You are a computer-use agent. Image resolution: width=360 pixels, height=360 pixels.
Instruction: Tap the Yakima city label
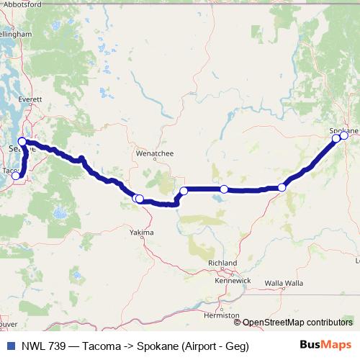(x=142, y=233)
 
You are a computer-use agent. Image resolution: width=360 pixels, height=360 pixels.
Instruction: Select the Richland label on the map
(x=222, y=264)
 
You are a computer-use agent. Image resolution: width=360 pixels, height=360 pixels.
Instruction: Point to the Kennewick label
(x=233, y=280)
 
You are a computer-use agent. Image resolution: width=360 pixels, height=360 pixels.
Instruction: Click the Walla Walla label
(x=284, y=282)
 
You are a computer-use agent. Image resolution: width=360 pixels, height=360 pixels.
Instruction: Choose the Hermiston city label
(x=222, y=315)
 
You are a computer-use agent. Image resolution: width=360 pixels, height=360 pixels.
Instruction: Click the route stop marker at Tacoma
(x=16, y=176)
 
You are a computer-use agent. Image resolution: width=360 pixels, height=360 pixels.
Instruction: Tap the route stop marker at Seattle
(x=22, y=142)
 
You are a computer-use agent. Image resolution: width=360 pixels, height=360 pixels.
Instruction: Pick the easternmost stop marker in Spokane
(x=344, y=135)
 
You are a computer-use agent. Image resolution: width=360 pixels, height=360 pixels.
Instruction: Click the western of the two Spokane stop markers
(x=336, y=138)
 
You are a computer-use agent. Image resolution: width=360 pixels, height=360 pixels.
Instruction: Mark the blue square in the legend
(x=10, y=346)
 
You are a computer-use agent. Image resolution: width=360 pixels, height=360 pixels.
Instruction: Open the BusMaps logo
(x=326, y=346)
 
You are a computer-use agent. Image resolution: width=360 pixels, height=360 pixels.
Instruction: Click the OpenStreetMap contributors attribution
(x=297, y=323)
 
